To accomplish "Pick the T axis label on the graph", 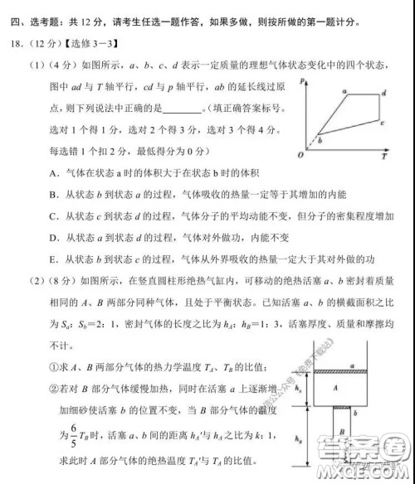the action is pyautogui.click(x=389, y=155).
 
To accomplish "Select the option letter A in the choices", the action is pyautogui.click(x=52, y=172).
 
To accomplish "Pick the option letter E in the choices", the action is pyautogui.click(x=52, y=258).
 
